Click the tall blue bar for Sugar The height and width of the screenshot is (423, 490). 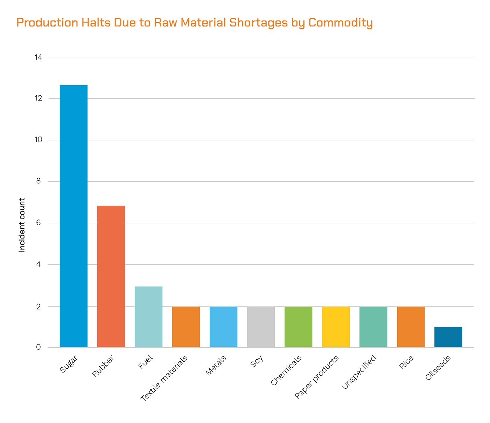click(x=73, y=216)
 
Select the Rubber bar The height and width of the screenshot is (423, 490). click(x=111, y=276)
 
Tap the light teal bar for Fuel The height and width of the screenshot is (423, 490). click(x=148, y=317)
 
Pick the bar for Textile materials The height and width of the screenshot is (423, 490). click(x=186, y=327)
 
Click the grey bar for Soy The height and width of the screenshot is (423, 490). click(x=261, y=327)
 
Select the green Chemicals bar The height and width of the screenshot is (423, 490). click(x=298, y=327)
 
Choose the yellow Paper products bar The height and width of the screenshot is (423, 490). click(x=336, y=327)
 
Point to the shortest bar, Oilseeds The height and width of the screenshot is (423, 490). click(x=448, y=337)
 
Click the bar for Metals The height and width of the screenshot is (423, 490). click(x=223, y=327)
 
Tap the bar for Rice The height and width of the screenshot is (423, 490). click(x=411, y=327)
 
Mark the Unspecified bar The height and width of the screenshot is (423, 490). click(x=373, y=327)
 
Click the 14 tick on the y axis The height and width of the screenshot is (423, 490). click(x=38, y=57)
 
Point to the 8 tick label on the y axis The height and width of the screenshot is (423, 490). click(x=38, y=181)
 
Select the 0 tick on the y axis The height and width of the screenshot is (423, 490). click(x=38, y=347)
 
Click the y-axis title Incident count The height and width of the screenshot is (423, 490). click(x=22, y=225)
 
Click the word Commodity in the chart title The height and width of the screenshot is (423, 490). click(x=341, y=23)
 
